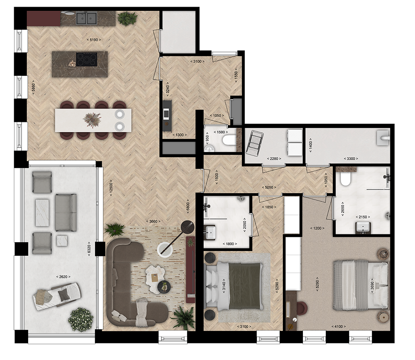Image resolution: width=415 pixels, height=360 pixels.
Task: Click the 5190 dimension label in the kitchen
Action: coord(94,40)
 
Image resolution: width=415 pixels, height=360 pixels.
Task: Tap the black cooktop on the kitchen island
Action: coord(87,59)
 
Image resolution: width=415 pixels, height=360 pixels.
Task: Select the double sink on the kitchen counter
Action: coord(86,18)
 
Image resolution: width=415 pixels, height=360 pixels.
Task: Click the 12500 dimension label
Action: coord(111,188)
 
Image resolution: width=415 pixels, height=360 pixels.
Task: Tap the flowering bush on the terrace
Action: coord(81,319)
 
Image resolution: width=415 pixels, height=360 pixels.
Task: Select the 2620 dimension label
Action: coord(63,277)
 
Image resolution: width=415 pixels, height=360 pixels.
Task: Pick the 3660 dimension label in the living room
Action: coord(153,221)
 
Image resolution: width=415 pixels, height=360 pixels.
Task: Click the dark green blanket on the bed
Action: coord(244,286)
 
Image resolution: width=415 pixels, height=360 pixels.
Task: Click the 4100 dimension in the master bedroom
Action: coord(339,327)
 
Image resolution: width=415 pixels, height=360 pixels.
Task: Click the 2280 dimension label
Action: coord(274,159)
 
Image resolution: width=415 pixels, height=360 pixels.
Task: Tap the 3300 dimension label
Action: coord(351,159)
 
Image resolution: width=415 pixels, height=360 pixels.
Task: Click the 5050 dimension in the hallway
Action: coord(269,187)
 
